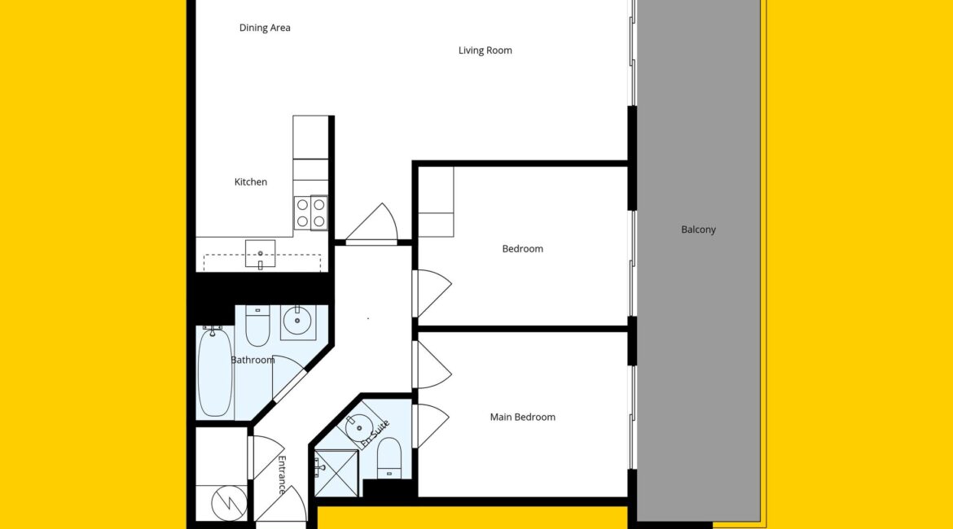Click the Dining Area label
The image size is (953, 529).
point(265,28)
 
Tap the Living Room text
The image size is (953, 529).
point(485,50)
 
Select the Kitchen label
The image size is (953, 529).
point(250,181)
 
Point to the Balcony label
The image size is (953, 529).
point(698,230)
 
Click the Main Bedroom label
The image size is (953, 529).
point(523,418)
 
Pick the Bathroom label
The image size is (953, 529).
point(253,361)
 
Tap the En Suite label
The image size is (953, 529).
point(375,434)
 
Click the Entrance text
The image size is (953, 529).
point(281,475)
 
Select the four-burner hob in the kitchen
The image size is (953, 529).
point(310,212)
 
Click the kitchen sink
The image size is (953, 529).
point(260,253)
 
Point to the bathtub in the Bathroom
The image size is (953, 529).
point(215,372)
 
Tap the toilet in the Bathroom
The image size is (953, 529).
point(257,326)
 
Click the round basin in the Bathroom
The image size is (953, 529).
point(298,322)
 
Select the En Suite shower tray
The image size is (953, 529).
point(336,473)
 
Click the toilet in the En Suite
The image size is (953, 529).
point(389,457)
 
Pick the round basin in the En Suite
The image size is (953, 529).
point(359,427)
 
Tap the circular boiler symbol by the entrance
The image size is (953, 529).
point(229,503)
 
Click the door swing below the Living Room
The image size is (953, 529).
point(372,223)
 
